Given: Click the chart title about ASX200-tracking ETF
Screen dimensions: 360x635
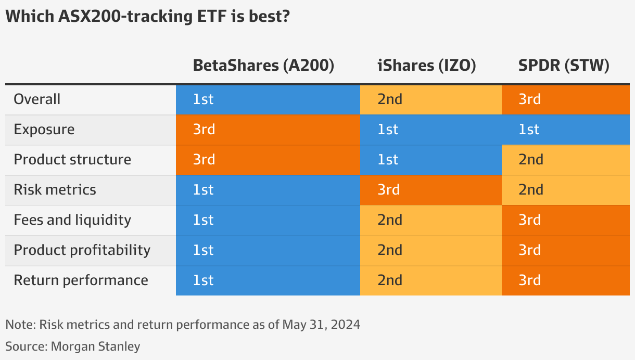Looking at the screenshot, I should click(147, 17).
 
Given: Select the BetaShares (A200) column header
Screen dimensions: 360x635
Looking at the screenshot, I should click(263, 66).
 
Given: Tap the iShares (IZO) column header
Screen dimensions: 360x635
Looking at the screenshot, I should click(426, 66).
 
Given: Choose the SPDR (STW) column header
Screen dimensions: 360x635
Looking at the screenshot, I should click(563, 66).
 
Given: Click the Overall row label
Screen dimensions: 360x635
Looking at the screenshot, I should click(37, 99).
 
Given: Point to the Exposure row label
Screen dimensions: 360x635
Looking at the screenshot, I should click(44, 129).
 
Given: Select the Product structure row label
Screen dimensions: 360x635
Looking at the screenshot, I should click(72, 159).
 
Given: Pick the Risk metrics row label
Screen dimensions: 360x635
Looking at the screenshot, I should click(55, 189).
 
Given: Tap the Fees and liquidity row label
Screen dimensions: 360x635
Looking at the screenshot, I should click(72, 220).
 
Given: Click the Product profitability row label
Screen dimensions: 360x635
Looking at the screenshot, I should click(82, 250).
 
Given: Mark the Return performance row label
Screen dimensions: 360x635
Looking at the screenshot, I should click(81, 280).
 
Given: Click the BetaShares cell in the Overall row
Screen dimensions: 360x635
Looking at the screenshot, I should click(268, 99).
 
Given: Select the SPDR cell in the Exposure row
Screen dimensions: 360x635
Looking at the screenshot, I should click(565, 129).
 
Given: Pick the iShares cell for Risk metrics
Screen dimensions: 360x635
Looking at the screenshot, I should click(430, 189).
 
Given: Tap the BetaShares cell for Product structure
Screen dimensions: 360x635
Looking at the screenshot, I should click(268, 159).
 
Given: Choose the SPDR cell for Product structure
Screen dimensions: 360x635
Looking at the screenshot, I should click(565, 159).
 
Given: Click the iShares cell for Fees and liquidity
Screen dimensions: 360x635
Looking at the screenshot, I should click(430, 220).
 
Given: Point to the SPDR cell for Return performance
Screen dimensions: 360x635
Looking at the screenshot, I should click(565, 280).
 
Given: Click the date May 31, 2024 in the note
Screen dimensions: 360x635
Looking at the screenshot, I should click(321, 325).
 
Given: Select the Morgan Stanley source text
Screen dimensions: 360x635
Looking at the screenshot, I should click(95, 346).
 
